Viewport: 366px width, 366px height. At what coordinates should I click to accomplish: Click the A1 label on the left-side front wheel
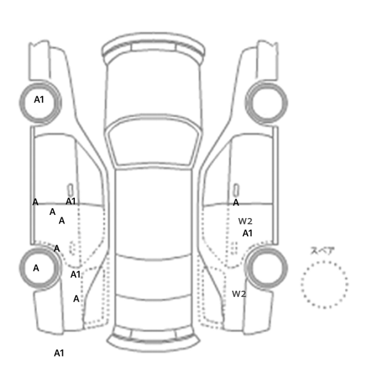[x=39, y=99]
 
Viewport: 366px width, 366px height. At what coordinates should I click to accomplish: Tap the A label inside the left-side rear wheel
[x=36, y=268]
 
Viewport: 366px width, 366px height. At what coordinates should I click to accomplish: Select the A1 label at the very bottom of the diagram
[x=59, y=353]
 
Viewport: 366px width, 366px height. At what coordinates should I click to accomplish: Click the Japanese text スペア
[x=323, y=250]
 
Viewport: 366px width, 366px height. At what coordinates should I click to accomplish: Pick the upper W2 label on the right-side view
[x=245, y=221]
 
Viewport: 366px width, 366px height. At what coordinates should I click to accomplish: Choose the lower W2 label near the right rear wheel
[x=239, y=294]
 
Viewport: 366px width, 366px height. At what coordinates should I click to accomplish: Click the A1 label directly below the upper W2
[x=247, y=233]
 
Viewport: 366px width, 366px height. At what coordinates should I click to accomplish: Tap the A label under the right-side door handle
[x=236, y=202]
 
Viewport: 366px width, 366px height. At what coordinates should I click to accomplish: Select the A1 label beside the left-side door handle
[x=71, y=201]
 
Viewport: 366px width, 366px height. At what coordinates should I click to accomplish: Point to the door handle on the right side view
[x=236, y=189]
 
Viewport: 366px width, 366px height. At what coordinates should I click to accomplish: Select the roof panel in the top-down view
[x=154, y=209]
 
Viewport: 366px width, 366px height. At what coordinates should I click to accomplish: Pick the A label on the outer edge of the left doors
[x=35, y=202]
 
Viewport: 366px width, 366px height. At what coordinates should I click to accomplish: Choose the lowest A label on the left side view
[x=76, y=299]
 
